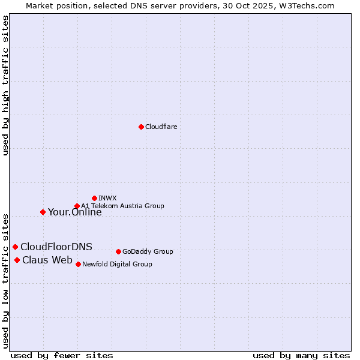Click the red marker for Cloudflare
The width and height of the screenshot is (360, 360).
(141, 127)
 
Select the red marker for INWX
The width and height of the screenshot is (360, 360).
(94, 198)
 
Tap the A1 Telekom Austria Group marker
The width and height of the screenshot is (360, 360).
(77, 206)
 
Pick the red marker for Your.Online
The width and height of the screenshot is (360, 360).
(43, 212)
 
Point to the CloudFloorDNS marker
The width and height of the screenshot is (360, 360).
(15, 247)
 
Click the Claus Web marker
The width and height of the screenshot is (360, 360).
(17, 260)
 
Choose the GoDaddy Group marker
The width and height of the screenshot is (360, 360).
(118, 251)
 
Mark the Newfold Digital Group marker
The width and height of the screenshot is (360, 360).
(78, 264)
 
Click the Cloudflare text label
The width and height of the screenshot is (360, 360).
(161, 127)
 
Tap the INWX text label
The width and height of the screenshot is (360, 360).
(107, 198)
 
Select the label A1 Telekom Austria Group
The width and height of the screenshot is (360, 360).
(122, 206)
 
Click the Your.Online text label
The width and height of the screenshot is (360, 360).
(74, 212)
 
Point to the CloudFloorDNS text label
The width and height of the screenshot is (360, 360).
(56, 247)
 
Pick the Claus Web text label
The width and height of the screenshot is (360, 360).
(47, 260)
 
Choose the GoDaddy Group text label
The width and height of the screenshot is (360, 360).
(148, 251)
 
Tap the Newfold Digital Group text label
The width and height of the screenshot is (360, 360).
(117, 264)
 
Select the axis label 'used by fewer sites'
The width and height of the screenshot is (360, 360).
(62, 355)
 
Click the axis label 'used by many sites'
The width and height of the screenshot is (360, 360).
(301, 355)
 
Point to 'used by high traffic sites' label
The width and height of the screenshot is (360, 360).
(5, 85)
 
